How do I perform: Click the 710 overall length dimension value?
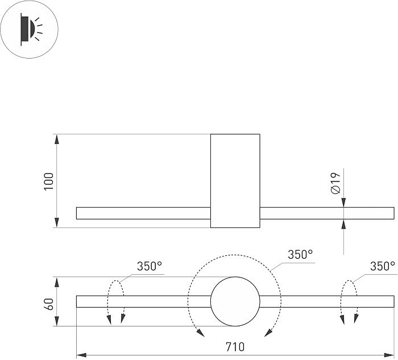coord(235,346)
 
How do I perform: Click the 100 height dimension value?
coord(49,181)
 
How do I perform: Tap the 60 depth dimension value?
coord(49,301)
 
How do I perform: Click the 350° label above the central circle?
coord(300,255)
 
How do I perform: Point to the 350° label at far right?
coord(382,266)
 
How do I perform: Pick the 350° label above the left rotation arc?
coord(149,266)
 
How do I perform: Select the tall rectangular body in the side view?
coord(235,181)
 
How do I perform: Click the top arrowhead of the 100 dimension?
coord(56,138)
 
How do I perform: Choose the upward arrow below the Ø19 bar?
coord(344,224)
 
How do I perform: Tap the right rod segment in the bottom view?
coord(327,301)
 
